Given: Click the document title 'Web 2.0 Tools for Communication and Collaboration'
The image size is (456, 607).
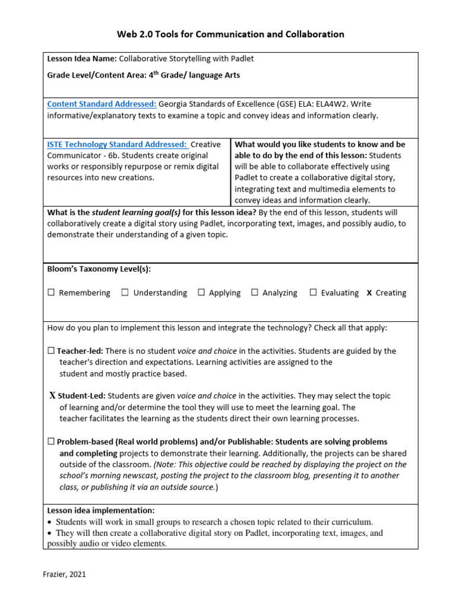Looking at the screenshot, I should [228, 34].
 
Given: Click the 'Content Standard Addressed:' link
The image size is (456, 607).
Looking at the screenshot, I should [102, 104].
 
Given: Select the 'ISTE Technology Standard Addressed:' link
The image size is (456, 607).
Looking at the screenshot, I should [117, 144].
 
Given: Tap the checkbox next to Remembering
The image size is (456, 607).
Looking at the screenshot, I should [51, 293].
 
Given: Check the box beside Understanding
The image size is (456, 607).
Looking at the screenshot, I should [125, 293].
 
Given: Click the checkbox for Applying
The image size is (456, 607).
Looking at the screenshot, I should [201, 293].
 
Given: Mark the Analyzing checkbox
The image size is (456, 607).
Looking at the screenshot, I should [255, 293].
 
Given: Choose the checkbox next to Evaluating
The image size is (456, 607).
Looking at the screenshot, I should [313, 293].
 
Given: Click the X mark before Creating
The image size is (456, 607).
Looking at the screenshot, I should [369, 293].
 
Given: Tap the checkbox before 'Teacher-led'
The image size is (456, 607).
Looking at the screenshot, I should [51, 351].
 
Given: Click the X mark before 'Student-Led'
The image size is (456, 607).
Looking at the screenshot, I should [52, 395].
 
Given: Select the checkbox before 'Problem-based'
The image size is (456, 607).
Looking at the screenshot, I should [51, 442].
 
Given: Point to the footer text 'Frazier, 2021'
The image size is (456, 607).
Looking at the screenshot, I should [67, 574].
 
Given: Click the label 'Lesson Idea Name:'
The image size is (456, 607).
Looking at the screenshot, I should [82, 59].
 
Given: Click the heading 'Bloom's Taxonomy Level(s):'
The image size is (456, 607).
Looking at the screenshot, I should [99, 269].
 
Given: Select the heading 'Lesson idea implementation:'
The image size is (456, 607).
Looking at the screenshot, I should [101, 510].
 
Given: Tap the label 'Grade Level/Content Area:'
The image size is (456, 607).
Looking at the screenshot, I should [96, 75].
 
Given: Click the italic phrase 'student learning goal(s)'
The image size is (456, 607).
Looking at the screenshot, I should [136, 212].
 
